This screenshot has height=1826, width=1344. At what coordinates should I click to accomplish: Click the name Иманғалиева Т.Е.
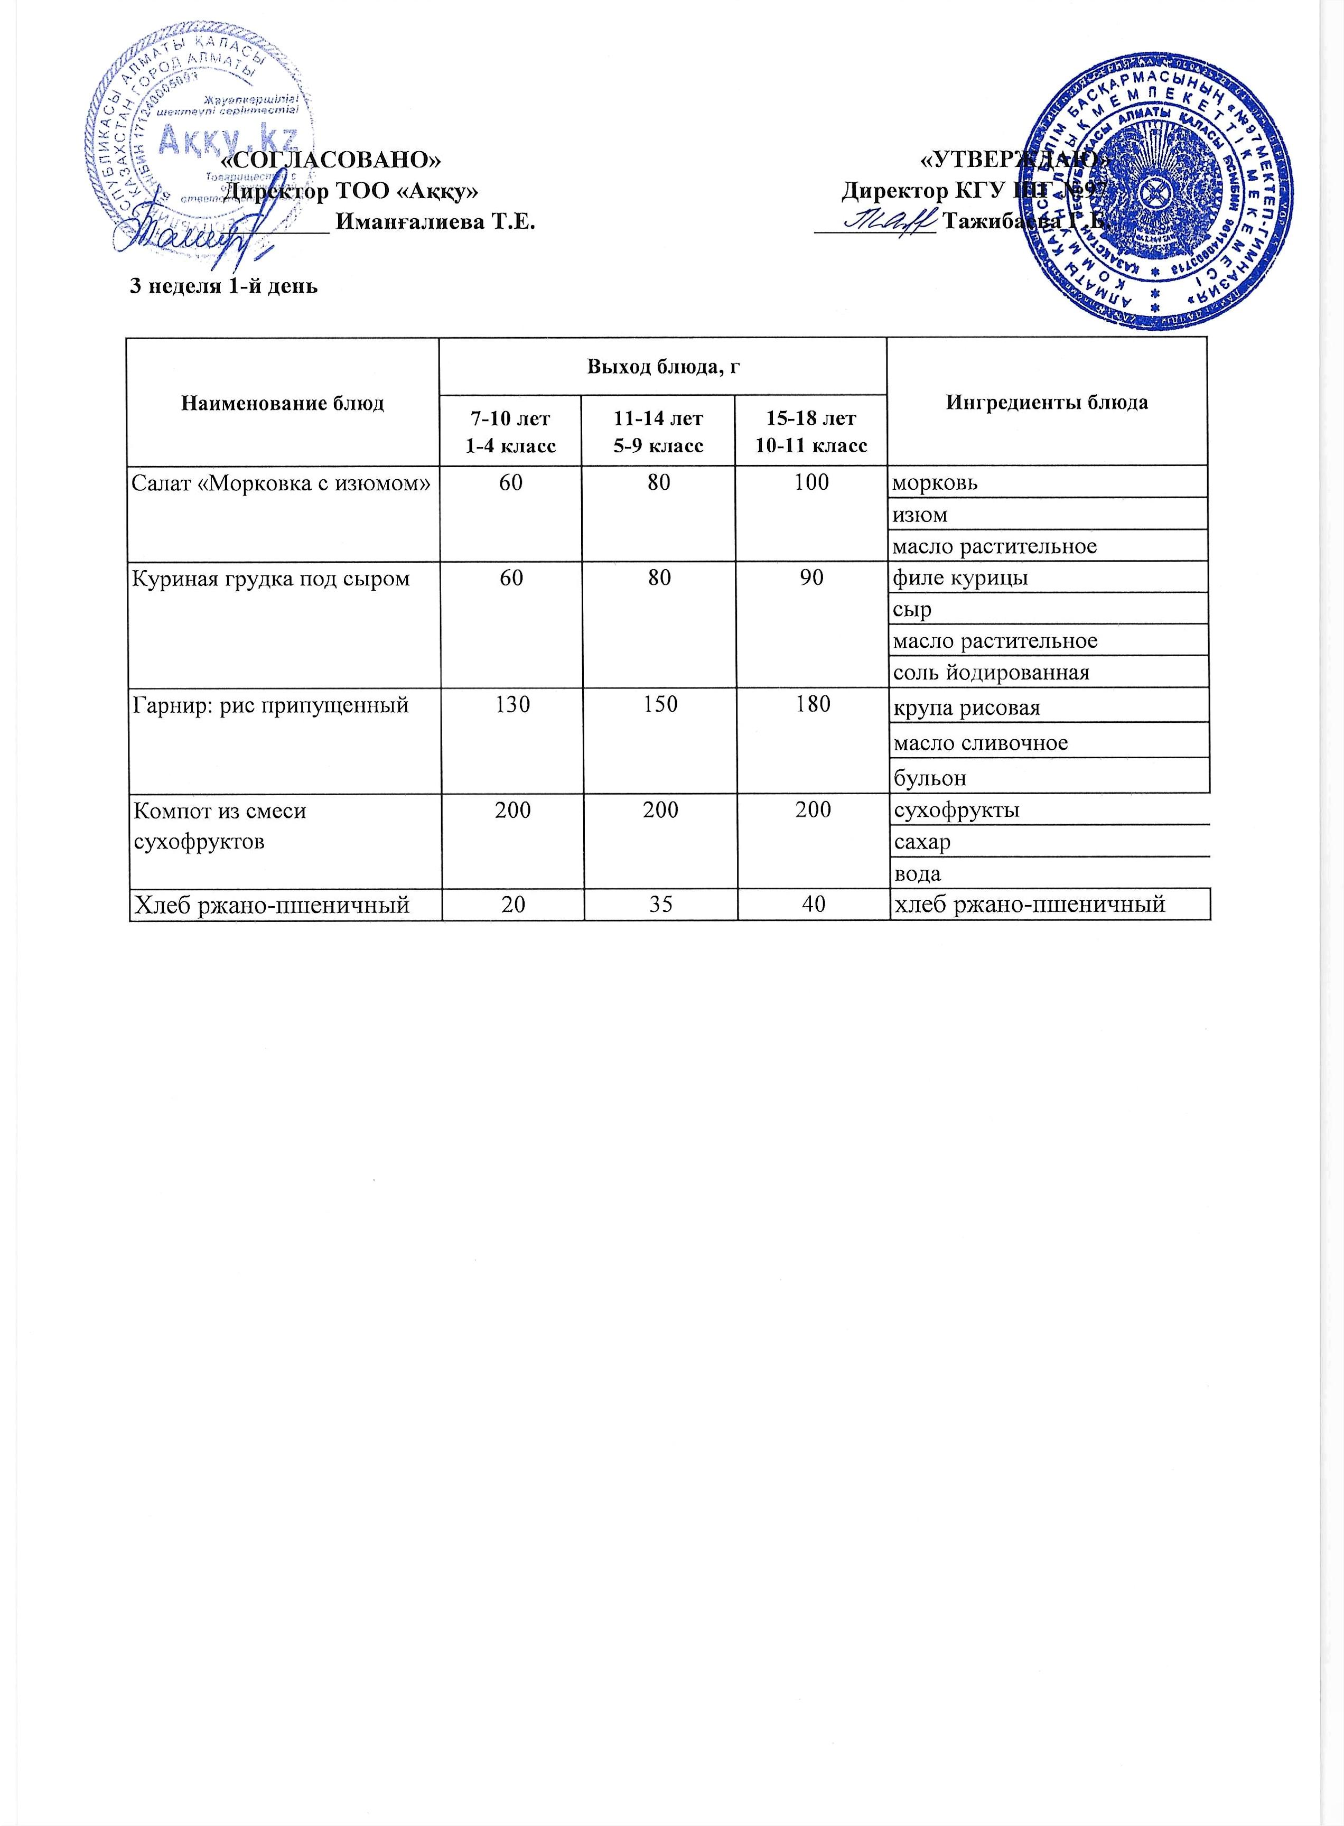click(x=435, y=221)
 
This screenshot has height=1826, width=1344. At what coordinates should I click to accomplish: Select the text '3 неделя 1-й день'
click(x=223, y=286)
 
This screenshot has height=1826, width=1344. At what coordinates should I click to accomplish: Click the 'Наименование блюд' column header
click(x=282, y=403)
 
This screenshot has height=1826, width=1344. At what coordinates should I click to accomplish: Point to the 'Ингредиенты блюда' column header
click(x=1047, y=402)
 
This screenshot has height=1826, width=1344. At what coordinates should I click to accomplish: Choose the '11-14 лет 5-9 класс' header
click(x=658, y=431)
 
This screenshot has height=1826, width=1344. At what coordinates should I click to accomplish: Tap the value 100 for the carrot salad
click(x=811, y=482)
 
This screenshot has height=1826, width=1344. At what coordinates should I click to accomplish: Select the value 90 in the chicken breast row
click(x=811, y=577)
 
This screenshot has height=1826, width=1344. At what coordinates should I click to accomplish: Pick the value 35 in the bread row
click(x=660, y=903)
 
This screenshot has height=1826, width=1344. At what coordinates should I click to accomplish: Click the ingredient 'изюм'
click(x=920, y=514)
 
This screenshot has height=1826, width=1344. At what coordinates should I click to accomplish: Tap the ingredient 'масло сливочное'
click(x=981, y=742)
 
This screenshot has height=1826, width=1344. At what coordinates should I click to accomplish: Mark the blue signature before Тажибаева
click(x=889, y=220)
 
